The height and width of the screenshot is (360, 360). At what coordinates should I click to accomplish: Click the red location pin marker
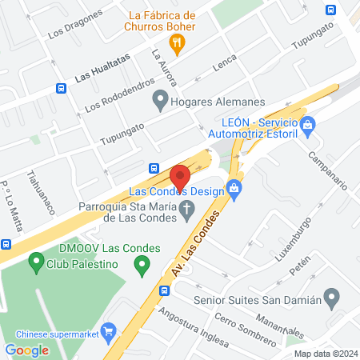pos(180,175)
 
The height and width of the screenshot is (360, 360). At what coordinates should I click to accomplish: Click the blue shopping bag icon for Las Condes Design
pos(234,189)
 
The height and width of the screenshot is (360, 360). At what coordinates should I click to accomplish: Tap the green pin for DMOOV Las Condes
pos(35,260)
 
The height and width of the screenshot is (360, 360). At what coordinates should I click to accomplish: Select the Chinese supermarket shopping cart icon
pos(108,328)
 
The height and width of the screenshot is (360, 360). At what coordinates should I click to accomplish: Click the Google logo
pos(26,350)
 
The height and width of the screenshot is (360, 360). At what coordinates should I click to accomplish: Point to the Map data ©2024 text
pos(324,353)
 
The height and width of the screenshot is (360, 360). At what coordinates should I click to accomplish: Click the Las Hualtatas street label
pos(102,74)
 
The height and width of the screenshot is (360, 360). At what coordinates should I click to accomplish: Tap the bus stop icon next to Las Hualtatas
pos(62,89)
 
